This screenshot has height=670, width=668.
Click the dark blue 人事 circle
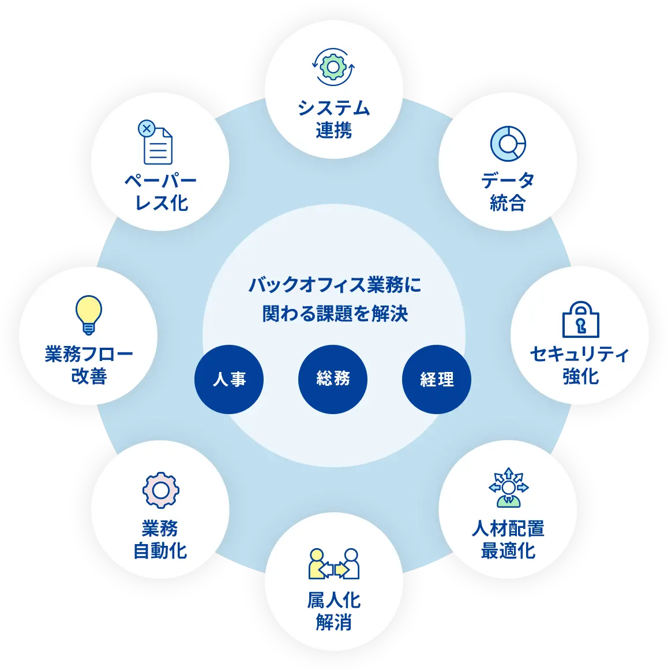click(229, 379)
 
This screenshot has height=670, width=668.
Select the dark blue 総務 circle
click(333, 379)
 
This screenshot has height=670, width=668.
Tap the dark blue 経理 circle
click(437, 379)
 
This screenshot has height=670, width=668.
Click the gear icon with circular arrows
click(333, 66)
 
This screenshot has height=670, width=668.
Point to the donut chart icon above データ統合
click(508, 144)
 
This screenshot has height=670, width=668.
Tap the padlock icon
click(580, 319)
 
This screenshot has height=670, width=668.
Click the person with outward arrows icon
click(508, 487)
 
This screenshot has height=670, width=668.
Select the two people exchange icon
click(334, 564)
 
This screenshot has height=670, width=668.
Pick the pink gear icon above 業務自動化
click(160, 490)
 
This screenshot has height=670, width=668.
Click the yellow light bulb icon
click(89, 315)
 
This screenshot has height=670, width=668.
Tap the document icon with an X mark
click(156, 142)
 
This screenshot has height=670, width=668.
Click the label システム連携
click(333, 119)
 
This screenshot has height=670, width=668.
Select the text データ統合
click(508, 191)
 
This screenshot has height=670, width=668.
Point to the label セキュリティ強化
click(580, 365)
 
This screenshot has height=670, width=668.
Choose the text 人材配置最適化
click(508, 539)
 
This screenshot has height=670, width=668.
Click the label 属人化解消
click(334, 612)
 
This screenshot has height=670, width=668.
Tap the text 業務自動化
click(160, 539)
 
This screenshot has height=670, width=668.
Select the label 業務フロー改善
click(89, 365)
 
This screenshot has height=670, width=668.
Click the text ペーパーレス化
click(161, 192)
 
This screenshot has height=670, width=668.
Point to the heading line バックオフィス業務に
click(335, 285)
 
